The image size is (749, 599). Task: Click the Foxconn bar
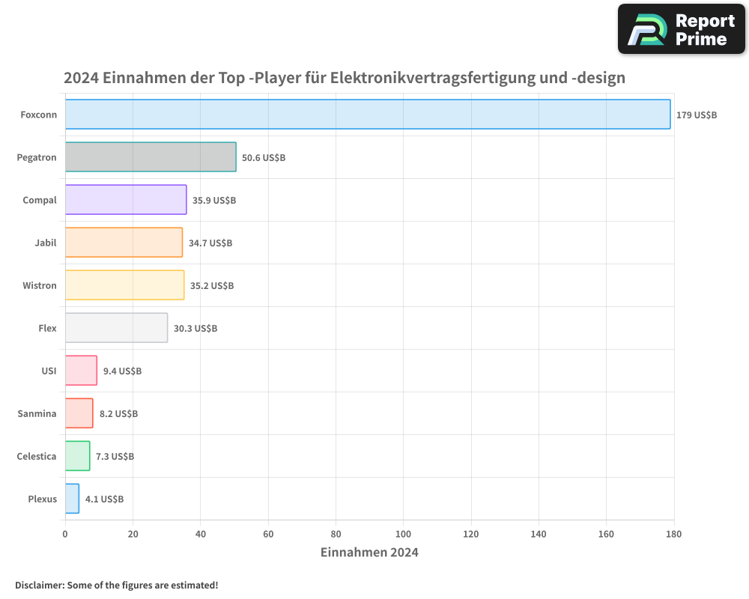coord(368,115)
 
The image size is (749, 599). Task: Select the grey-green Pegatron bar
coord(151,157)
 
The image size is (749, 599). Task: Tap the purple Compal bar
coord(126,200)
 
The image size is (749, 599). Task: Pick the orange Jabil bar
coord(124,243)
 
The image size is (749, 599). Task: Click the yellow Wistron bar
coord(124,285)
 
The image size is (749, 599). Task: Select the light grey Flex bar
coord(116,328)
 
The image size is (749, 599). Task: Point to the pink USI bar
coord(81,371)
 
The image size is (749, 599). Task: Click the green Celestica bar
coord(77,456)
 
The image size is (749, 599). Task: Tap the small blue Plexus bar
coord(72,499)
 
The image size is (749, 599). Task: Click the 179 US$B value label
coord(697,115)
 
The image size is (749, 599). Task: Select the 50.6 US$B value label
coord(263,158)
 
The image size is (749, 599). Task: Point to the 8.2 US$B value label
coord(118,414)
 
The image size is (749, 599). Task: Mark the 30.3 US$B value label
coord(195,329)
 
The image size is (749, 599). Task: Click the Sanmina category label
coord(37,413)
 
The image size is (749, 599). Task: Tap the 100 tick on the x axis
coord(403,534)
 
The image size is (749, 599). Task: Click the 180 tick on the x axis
coord(673,534)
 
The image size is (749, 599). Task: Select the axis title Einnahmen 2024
coord(369,553)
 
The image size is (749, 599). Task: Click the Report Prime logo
coord(682,29)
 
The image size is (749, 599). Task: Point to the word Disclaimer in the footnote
coord(39,585)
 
